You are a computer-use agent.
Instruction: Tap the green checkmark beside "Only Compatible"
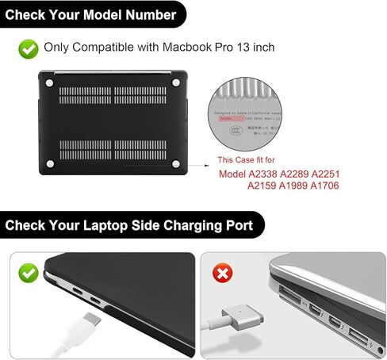(29, 48)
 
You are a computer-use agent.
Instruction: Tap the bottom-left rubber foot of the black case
(51, 164)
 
